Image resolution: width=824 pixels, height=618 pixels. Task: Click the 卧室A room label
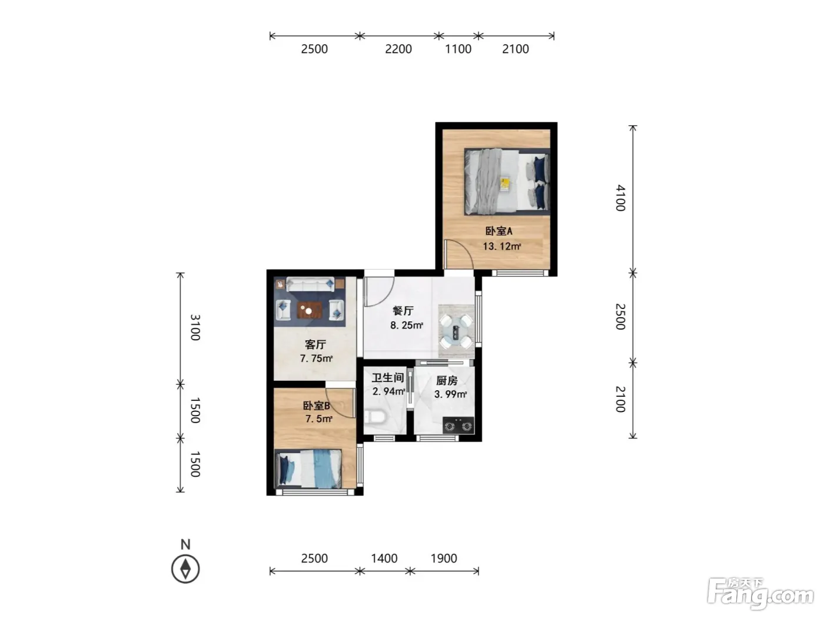(x=499, y=231)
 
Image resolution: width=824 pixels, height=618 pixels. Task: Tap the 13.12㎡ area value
(x=501, y=246)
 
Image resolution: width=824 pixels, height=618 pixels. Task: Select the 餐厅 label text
(x=403, y=310)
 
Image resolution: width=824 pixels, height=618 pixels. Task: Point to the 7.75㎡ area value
(x=316, y=358)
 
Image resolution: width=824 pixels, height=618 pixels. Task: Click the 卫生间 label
(x=388, y=377)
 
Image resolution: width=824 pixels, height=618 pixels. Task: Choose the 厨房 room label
(x=447, y=380)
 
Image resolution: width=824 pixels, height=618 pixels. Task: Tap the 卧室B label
(x=317, y=406)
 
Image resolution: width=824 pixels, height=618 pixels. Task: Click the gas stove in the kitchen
(x=458, y=426)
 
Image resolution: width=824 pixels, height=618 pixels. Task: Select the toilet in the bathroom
(x=374, y=417)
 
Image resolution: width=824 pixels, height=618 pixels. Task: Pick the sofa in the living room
(x=310, y=284)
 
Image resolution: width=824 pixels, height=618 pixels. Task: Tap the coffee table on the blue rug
(x=310, y=311)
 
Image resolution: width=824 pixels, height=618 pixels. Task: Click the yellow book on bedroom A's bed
(x=505, y=184)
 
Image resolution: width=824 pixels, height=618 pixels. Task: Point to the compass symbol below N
(x=185, y=569)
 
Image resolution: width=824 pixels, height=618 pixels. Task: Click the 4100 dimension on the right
(x=620, y=198)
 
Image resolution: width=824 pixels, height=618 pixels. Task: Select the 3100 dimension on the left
(x=195, y=327)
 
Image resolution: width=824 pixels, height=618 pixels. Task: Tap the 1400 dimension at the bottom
(x=384, y=559)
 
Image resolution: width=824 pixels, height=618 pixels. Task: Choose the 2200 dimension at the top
(x=398, y=49)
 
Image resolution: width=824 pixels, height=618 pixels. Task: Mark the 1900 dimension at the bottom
(x=444, y=559)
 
